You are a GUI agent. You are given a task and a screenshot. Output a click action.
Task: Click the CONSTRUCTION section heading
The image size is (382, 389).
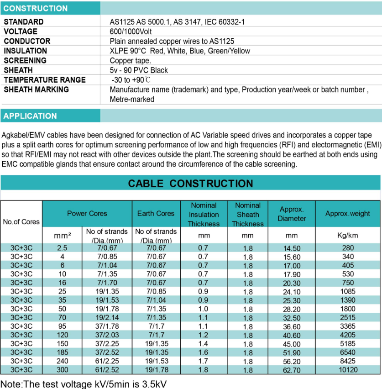coord(36,8)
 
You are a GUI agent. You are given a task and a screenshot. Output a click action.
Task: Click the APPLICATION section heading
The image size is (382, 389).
coord(30,116)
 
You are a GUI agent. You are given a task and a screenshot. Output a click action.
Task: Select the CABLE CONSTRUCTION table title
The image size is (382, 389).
coord(190,184)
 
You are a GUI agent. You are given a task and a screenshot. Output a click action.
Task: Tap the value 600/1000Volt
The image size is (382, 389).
coord(131,32)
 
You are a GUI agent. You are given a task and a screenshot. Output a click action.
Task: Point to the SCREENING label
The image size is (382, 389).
coord(25,60)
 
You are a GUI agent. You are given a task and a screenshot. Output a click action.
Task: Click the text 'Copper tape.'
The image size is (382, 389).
coord(130,60)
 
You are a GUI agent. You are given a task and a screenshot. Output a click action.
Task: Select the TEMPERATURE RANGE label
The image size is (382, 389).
coord(45,79)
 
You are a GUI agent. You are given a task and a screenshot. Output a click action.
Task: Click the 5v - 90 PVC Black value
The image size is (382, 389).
coord(139,70)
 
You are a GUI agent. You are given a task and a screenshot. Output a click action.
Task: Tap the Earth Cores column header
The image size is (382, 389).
coord(156,213)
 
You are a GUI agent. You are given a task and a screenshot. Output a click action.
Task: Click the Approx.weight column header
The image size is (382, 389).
coord(348,213)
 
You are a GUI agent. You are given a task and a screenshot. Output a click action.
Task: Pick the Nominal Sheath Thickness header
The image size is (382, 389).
coord(247,215)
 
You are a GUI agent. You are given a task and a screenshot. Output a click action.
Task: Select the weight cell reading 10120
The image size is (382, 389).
coord(348,369)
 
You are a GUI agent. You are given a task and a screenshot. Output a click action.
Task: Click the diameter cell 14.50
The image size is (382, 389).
coord(292,248)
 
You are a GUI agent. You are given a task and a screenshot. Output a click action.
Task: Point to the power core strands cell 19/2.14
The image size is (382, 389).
coord(107,317)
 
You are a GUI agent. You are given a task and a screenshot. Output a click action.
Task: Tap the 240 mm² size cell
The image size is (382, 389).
coord(62,361)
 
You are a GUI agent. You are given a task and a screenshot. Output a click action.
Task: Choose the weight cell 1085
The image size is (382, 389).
coord(348,291)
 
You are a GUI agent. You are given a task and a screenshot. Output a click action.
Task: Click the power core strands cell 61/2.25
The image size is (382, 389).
coord(107,361)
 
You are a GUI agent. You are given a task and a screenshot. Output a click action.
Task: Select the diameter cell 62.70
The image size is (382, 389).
coord(292,370)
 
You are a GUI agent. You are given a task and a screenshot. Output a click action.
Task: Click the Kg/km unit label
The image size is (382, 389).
coord(348,236)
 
